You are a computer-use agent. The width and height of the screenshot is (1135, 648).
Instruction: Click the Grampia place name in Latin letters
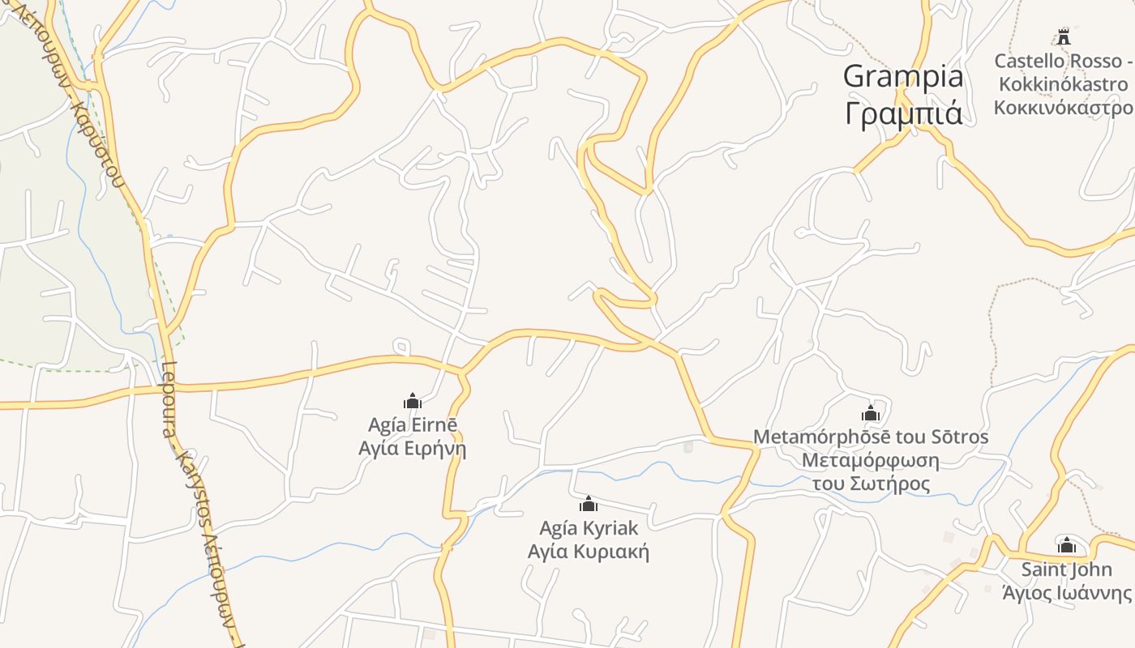903,76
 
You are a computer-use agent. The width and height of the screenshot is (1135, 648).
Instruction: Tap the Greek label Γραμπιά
903,113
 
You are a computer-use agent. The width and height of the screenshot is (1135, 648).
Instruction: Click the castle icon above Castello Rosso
1063,36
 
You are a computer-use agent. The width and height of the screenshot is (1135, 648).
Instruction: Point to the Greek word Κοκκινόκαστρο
1063,108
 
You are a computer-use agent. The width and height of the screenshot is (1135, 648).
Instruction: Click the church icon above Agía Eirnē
413,401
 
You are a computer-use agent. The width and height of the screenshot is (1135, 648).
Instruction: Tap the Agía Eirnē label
413,425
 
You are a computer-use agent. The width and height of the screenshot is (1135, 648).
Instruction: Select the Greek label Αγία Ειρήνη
413,448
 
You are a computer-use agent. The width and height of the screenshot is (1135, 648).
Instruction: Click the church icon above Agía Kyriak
589,504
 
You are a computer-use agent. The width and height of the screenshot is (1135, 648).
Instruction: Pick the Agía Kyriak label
589,528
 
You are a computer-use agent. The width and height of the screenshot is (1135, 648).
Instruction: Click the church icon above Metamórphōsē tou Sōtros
871,413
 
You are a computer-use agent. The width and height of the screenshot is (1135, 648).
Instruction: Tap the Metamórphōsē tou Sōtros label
871,437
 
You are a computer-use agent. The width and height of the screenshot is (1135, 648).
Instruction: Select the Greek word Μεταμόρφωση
871,461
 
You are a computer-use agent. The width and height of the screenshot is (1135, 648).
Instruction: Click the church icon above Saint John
1067,545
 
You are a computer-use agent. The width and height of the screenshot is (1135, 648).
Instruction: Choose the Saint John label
1067,569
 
